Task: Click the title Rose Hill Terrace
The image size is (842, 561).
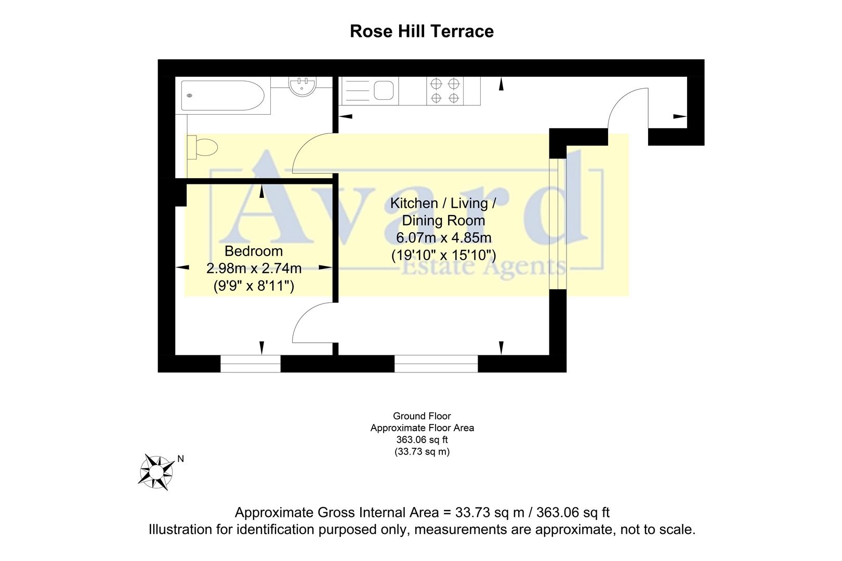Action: tap(422, 31)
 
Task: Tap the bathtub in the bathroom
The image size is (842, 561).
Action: tap(223, 96)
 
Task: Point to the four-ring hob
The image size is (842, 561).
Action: tap(445, 91)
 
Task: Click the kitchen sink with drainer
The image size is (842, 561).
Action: tap(370, 91)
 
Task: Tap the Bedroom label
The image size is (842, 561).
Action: tap(254, 251)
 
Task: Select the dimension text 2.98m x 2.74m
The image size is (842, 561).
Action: tap(254, 269)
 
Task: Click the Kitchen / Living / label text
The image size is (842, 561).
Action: tap(443, 203)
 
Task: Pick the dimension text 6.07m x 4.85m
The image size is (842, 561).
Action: tap(443, 238)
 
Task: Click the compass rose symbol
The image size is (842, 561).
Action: tap(156, 472)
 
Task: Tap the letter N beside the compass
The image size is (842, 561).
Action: tap(181, 459)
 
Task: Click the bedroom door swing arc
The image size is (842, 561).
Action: tap(312, 325)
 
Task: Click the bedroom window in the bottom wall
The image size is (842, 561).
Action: tap(251, 364)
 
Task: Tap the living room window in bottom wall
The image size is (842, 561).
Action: tap(436, 364)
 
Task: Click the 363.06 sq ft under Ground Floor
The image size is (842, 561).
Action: tap(422, 440)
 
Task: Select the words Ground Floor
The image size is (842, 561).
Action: tap(422, 416)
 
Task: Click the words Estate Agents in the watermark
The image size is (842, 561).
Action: tap(483, 267)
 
